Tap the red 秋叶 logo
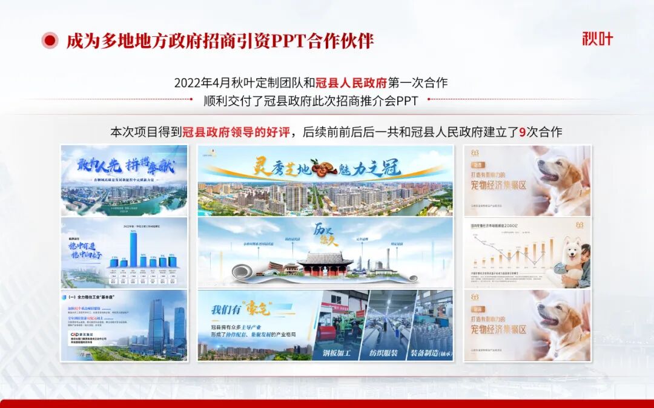click(597, 39)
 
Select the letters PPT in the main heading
click(287, 41)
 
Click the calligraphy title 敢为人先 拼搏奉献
click(124, 165)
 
